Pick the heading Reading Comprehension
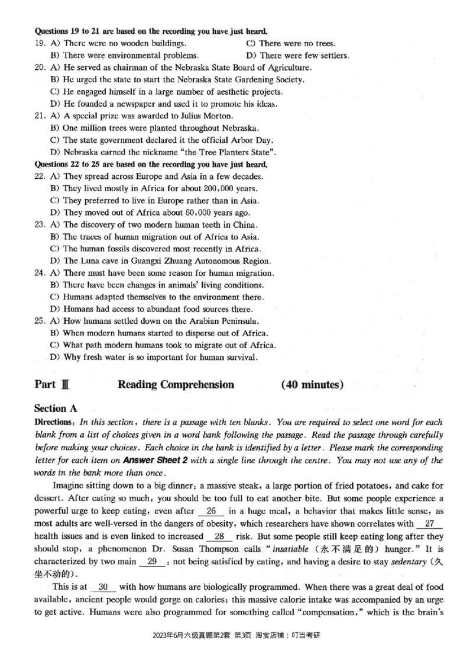pyautogui.click(x=176, y=385)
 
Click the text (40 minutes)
pyautogui.click(x=312, y=385)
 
